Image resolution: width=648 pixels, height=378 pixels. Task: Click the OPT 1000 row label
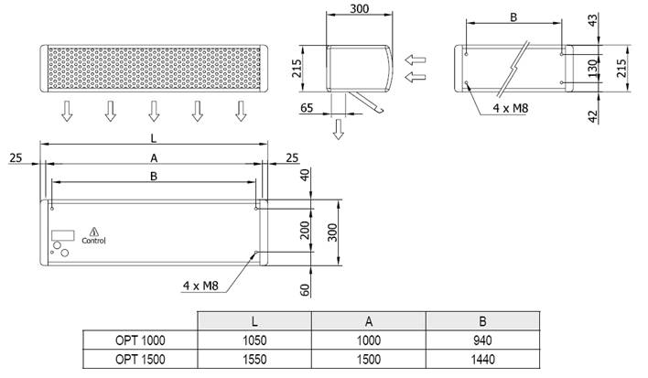coord(140,340)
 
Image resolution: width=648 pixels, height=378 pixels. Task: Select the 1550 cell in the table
coord(254,359)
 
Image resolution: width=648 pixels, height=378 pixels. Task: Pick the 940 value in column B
coord(482,340)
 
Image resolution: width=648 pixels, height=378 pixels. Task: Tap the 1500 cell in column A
coord(369,359)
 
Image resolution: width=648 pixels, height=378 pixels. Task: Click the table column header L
coord(254,321)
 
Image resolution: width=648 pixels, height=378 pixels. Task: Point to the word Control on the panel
coord(93,241)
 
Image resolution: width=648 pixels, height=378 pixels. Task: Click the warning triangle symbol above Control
coord(94,232)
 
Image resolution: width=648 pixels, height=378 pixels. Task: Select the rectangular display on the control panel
coord(63,235)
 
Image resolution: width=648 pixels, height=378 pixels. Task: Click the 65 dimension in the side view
coord(307,108)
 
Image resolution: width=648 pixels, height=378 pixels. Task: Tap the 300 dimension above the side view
coord(359,8)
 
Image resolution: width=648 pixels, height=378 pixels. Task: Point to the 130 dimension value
coord(593,68)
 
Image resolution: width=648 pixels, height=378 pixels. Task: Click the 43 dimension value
coord(593,21)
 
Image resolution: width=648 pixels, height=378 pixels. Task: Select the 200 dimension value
coord(305,230)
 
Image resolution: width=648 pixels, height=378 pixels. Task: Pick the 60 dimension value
coord(305,290)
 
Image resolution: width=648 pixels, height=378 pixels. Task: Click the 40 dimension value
coord(305,175)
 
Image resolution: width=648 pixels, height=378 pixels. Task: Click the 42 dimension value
coord(593,116)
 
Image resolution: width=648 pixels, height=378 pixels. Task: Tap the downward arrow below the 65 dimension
coord(339,129)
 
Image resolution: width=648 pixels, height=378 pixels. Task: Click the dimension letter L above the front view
coord(154,138)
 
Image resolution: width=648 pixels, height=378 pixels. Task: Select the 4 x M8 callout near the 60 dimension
coord(200,286)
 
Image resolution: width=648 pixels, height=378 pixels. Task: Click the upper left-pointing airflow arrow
coord(415,59)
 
